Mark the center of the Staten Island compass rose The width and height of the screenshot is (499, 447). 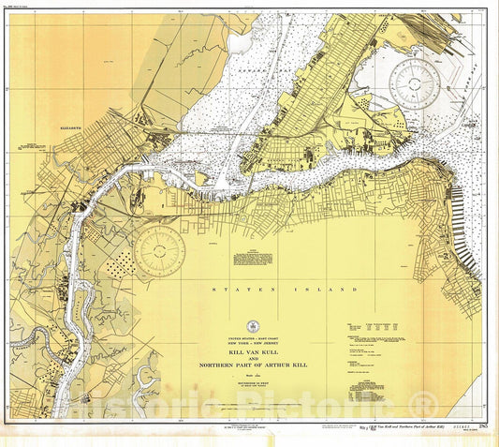click(160, 250)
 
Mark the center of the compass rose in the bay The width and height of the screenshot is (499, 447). click(416, 83)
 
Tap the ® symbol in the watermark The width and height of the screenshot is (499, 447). click(425, 405)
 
